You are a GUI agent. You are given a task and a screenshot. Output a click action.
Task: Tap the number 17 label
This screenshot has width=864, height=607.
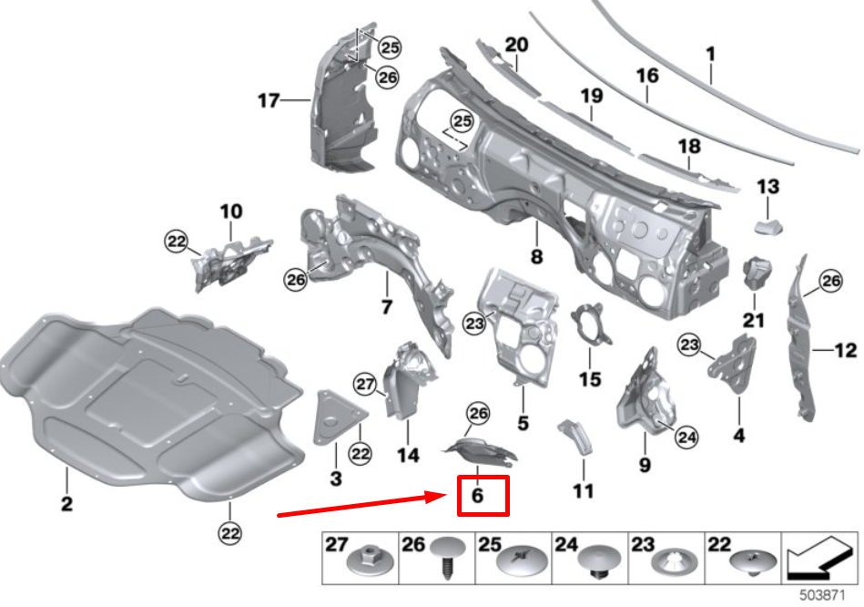(268, 100)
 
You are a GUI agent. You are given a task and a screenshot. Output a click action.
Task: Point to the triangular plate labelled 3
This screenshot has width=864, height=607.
(334, 417)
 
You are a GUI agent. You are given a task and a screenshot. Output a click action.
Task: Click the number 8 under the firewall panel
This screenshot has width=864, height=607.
(536, 257)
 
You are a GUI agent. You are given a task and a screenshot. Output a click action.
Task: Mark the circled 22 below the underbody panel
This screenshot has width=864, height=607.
(229, 531)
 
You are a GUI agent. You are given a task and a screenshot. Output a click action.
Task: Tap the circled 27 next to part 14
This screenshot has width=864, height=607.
(364, 385)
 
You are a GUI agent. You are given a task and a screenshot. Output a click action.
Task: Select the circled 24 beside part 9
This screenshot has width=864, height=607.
(687, 438)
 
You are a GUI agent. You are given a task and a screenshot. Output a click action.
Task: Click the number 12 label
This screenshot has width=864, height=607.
(846, 348)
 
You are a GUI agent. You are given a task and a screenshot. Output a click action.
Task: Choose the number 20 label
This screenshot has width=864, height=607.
(516, 45)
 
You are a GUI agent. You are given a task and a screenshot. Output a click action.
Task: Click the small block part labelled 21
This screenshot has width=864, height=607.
(756, 271)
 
